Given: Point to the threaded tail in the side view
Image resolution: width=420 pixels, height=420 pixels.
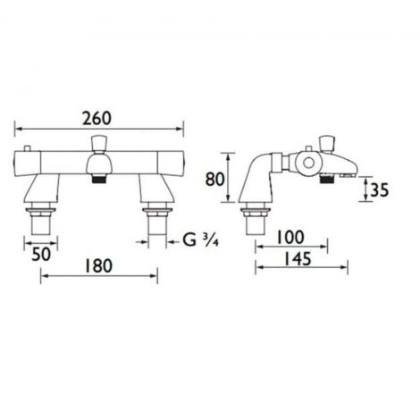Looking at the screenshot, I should (x=257, y=221).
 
